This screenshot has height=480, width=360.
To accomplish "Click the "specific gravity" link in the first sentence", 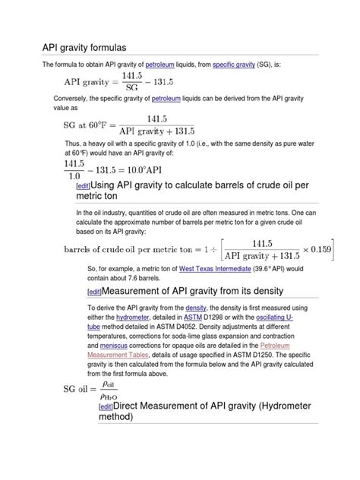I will click(x=233, y=66).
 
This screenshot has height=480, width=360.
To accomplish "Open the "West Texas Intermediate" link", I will click(x=213, y=268).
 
